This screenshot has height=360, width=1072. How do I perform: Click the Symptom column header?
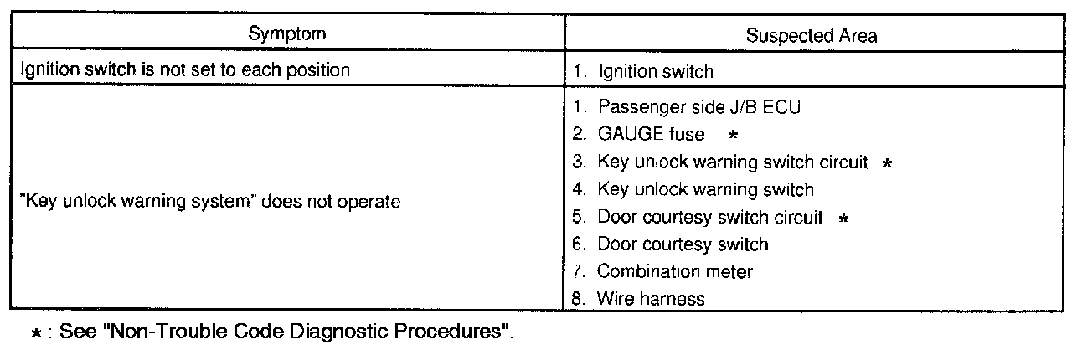(286, 34)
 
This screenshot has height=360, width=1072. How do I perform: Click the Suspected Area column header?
(812, 36)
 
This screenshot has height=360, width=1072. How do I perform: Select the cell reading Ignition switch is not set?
(184, 70)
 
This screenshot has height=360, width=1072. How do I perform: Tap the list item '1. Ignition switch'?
(643, 72)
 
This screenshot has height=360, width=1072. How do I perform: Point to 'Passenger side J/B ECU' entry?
(692, 107)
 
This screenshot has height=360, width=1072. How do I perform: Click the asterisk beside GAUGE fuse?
(732, 135)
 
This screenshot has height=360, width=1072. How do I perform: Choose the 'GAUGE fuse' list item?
(650, 135)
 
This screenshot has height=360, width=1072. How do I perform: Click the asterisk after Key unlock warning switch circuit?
(887, 162)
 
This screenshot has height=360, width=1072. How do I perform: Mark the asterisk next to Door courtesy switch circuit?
(843, 218)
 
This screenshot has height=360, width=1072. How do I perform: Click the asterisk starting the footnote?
(34, 332)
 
